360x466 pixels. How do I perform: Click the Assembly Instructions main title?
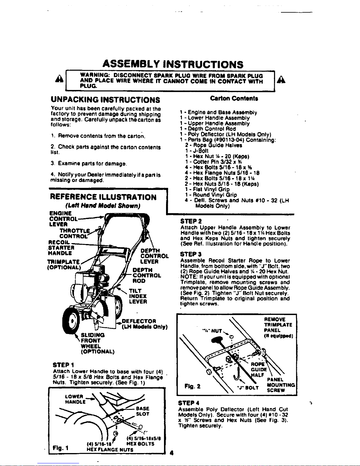(x=173, y=64)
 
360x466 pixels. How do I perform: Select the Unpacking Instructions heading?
(x=106, y=100)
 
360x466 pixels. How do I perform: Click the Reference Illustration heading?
(x=103, y=197)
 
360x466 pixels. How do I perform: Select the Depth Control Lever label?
(x=154, y=256)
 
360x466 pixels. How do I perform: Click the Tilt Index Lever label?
(x=138, y=296)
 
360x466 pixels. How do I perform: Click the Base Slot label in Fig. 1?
(x=143, y=411)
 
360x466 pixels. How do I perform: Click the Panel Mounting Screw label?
(x=281, y=385)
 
